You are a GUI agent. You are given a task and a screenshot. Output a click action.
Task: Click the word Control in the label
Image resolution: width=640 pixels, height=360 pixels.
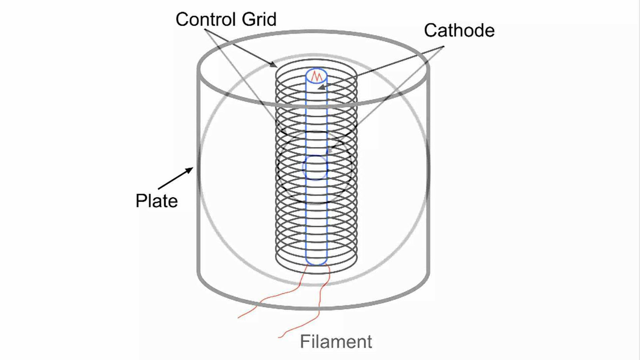(x=204, y=19)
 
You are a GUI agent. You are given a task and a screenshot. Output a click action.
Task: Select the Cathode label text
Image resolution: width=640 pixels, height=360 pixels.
(x=459, y=31)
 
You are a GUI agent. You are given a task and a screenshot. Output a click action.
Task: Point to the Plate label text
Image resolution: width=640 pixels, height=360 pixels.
(x=156, y=201)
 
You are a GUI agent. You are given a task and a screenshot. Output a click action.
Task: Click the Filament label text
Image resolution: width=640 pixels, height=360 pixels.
(x=336, y=342)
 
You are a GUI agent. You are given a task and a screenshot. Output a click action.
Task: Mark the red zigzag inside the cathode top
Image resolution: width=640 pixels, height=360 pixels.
(x=316, y=76)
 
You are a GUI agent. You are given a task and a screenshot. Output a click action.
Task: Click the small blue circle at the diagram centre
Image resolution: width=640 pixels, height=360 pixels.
(x=315, y=167)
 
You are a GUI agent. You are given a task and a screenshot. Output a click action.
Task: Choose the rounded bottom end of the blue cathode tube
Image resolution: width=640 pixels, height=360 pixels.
(x=316, y=262)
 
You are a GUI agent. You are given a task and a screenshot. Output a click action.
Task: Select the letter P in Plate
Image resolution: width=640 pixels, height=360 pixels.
(x=140, y=201)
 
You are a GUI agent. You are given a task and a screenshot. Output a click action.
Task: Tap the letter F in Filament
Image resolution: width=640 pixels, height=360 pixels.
(x=304, y=342)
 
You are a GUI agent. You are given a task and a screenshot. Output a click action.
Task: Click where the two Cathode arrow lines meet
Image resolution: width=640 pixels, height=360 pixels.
(x=443, y=47)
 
